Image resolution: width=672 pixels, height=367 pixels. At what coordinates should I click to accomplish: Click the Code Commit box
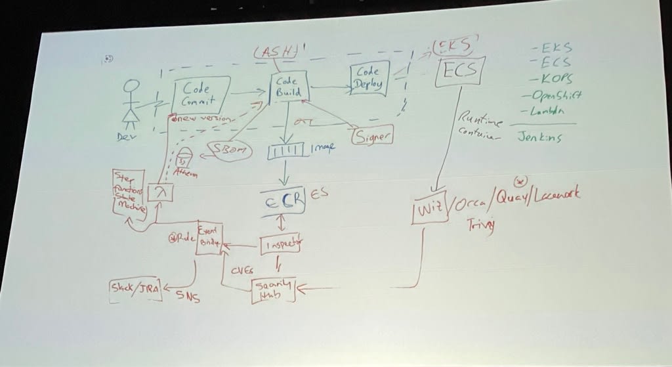pyautogui.click(x=199, y=95)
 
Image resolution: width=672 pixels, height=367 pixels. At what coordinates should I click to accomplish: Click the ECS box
pyautogui.click(x=459, y=70)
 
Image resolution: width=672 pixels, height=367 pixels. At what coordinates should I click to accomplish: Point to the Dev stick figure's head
pyautogui.click(x=133, y=87)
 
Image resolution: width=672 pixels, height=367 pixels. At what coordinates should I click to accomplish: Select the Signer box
pyautogui.click(x=372, y=137)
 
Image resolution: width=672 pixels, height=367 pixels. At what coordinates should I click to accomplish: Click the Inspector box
pyautogui.click(x=282, y=246)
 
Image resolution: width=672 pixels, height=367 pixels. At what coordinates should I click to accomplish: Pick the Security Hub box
pyautogui.click(x=274, y=290)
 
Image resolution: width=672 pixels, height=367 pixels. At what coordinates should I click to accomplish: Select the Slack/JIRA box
pyautogui.click(x=135, y=290)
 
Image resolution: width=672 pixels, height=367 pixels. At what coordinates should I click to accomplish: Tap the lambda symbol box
pyautogui.click(x=159, y=192)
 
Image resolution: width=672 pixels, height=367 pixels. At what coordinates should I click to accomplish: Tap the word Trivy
pyautogui.click(x=480, y=225)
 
